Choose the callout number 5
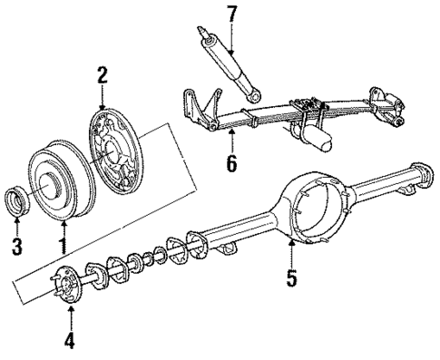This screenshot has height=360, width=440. pyautogui.click(x=290, y=277)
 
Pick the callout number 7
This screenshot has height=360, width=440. pyautogui.click(x=231, y=14)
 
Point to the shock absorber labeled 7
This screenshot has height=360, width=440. pyautogui.click(x=227, y=63)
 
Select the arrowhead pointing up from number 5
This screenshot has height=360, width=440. pyautogui.click(x=290, y=243)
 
